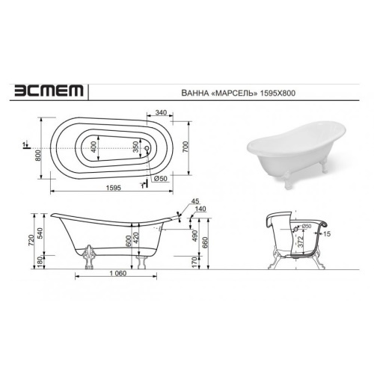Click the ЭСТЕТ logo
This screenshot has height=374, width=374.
tap(49, 91)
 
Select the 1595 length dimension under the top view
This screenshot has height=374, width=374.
tap(114, 188)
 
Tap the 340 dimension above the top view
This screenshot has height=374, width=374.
tap(161, 113)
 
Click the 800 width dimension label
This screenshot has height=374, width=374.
tap(38, 156)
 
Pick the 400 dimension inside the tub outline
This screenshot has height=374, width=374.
tap(93, 147)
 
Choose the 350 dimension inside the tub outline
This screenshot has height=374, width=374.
tap(135, 147)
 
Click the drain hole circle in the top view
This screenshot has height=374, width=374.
tap(147, 148)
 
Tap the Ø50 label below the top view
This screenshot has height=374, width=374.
tap(160, 179)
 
